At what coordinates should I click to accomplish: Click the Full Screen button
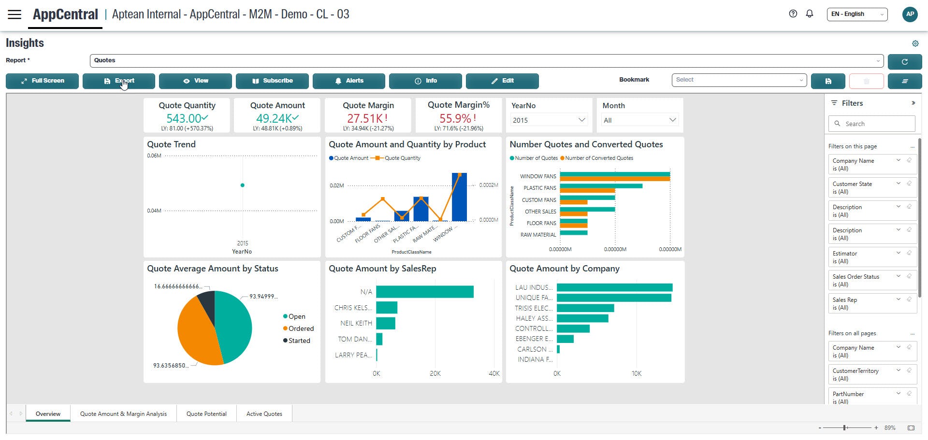(42, 81)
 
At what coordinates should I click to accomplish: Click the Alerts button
(348, 81)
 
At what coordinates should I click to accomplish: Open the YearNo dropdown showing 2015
(549, 120)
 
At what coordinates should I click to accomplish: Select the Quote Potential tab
(206, 414)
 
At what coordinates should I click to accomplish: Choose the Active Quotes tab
(264, 414)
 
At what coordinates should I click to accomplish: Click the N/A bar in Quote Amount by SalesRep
(424, 292)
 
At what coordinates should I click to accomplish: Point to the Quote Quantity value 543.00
(184, 118)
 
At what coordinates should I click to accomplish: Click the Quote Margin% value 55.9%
(455, 118)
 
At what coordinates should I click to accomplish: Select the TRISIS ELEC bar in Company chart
(585, 308)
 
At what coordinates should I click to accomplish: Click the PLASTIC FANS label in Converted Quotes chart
(539, 188)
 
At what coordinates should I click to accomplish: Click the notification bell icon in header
(810, 14)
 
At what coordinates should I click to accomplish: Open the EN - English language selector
(856, 14)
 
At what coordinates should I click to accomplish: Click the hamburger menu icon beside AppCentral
(14, 14)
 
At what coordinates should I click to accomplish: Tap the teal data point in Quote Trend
(242, 185)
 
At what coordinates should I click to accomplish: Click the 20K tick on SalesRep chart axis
(435, 373)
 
